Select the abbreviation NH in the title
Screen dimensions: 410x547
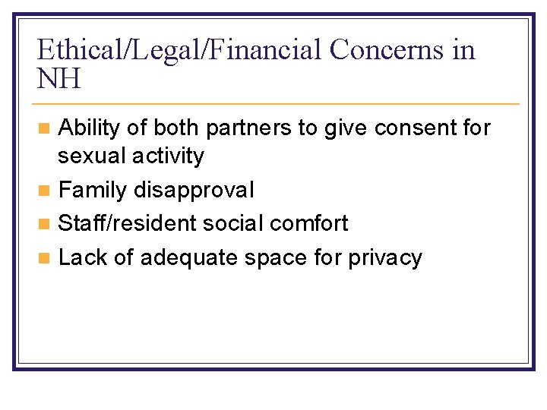click(x=58, y=78)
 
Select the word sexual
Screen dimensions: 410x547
click(x=92, y=156)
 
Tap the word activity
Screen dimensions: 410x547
click(x=169, y=156)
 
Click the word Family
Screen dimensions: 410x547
click(x=92, y=189)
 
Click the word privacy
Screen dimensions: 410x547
click(x=384, y=257)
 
